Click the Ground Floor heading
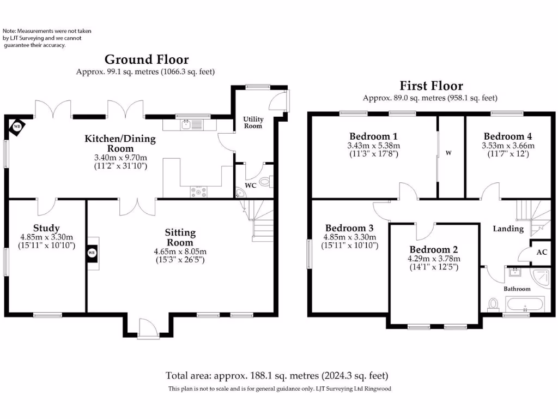click(x=147, y=59)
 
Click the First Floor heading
click(x=430, y=86)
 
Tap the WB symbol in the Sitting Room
click(x=92, y=253)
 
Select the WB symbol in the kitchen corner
click(x=17, y=126)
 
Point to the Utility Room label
click(x=253, y=123)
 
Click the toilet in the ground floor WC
click(x=265, y=182)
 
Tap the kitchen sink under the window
click(x=186, y=125)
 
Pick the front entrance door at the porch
click(x=148, y=329)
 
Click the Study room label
click(x=46, y=228)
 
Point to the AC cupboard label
click(x=542, y=252)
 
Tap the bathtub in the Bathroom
click(x=524, y=304)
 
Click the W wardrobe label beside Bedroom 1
click(x=449, y=153)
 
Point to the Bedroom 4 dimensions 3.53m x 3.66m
click(x=508, y=146)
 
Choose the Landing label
click(x=508, y=229)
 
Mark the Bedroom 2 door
click(x=426, y=231)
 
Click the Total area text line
click(x=277, y=375)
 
